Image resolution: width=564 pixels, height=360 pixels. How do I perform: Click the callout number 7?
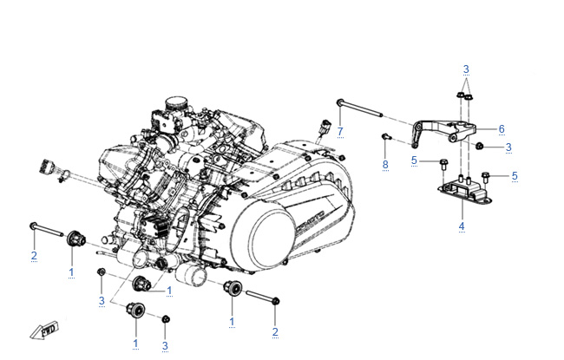pos(340,131)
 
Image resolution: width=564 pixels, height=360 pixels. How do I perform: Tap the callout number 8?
pos(385,164)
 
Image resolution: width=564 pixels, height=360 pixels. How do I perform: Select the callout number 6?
pos(501,128)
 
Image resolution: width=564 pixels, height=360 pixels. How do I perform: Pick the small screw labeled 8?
pos(386,136)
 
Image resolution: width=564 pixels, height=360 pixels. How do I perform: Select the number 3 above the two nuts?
pos(465,69)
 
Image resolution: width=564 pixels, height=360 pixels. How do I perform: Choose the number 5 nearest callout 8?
pos(414,160)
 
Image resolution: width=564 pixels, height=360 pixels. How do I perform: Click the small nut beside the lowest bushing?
pos(165,321)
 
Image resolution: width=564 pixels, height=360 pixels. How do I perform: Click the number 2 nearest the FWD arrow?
pos(33,254)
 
